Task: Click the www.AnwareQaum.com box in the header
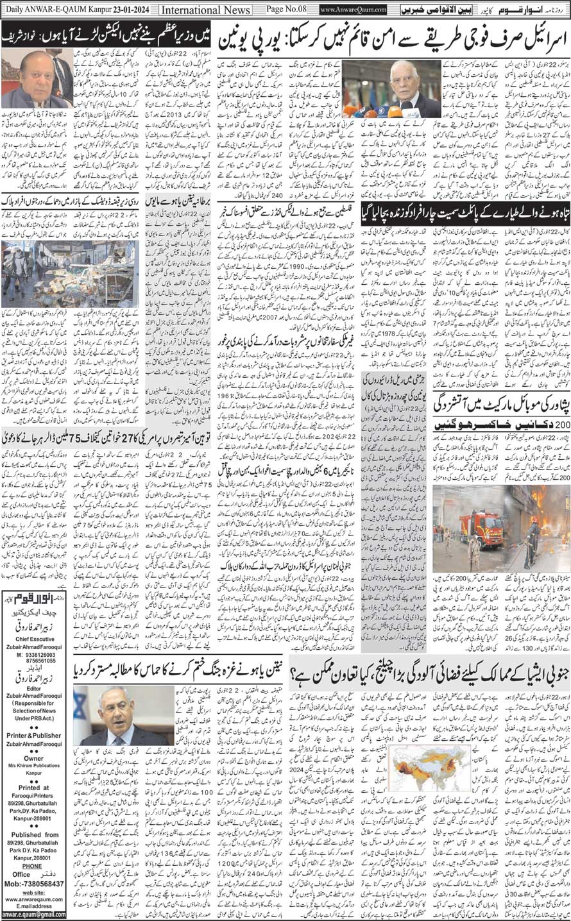pos(352,10)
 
